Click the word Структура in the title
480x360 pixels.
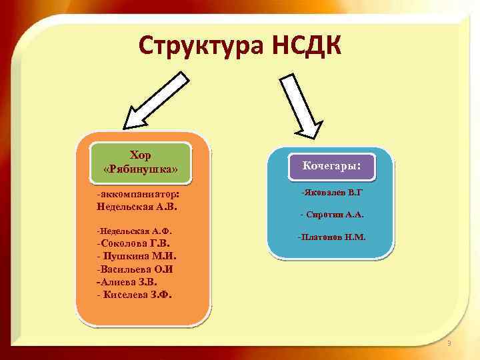point(201,46)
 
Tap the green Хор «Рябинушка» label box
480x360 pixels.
point(141,162)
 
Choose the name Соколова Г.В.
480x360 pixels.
point(133,243)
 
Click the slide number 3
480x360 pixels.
point(449,343)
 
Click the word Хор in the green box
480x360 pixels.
point(141,155)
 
